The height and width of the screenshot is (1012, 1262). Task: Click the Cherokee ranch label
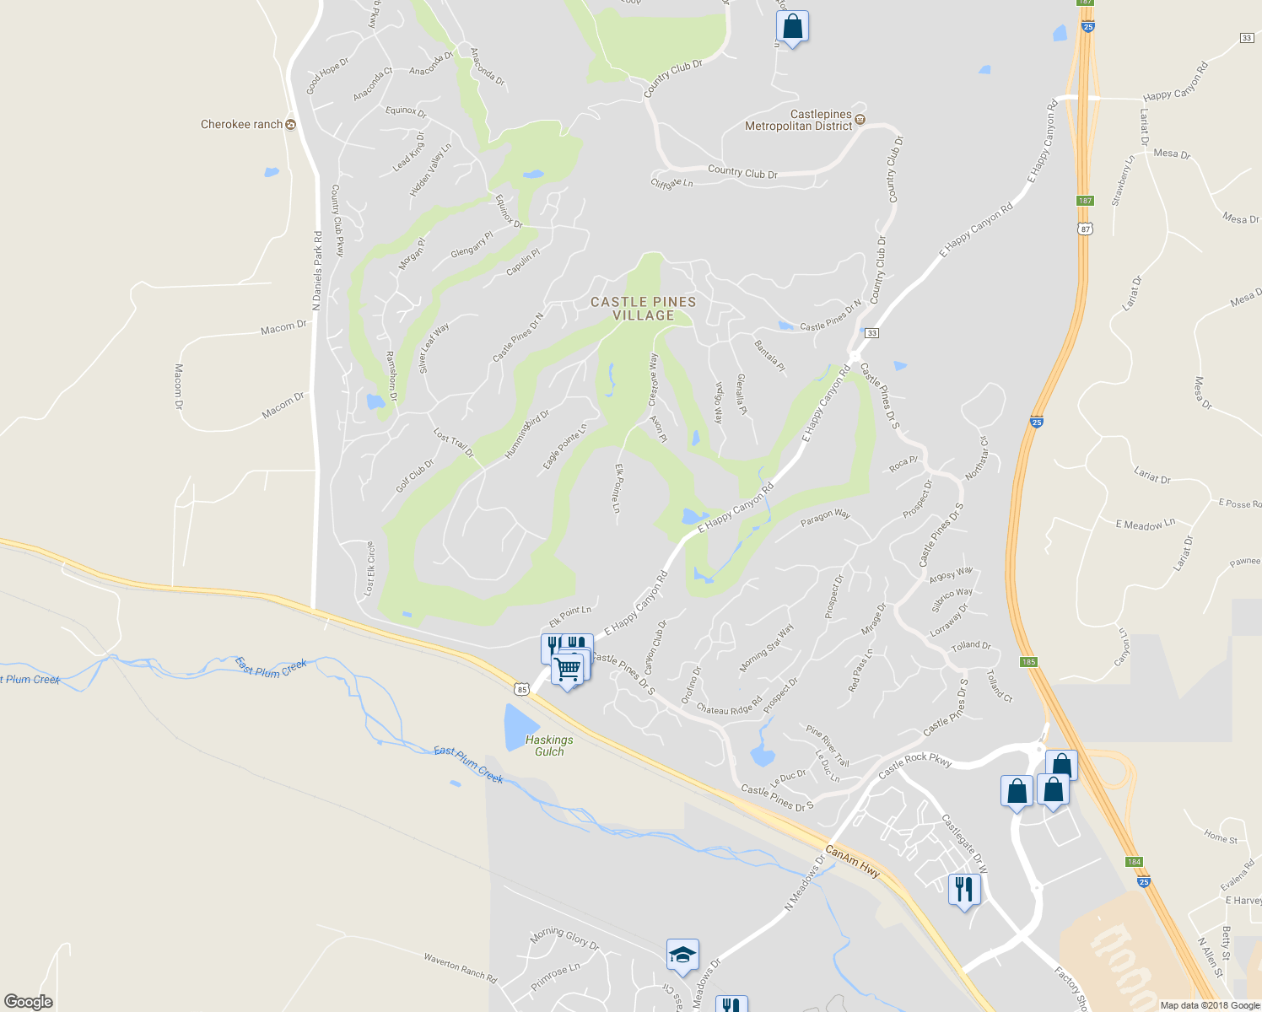(242, 125)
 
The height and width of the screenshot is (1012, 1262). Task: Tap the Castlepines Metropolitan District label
(798, 120)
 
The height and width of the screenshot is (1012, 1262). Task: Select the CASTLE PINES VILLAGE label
(644, 309)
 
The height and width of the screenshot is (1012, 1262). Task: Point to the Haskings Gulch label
(549, 746)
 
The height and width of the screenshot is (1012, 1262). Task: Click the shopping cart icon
(569, 670)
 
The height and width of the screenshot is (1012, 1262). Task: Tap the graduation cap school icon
(682, 955)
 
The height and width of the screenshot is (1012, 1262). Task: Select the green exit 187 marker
(1085, 201)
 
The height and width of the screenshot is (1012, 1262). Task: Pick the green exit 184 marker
(1134, 862)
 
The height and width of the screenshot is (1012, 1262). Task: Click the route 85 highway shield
(522, 690)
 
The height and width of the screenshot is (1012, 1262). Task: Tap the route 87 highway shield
(1085, 229)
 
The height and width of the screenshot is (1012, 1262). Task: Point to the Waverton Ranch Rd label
(460, 968)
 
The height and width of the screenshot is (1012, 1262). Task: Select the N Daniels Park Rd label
(317, 271)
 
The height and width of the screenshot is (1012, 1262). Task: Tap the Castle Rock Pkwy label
(914, 766)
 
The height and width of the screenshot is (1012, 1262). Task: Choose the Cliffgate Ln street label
(671, 183)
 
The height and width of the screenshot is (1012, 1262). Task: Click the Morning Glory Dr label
(564, 938)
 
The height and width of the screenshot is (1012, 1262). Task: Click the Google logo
(29, 1002)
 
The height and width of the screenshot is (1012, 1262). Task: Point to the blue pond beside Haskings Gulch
(520, 727)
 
